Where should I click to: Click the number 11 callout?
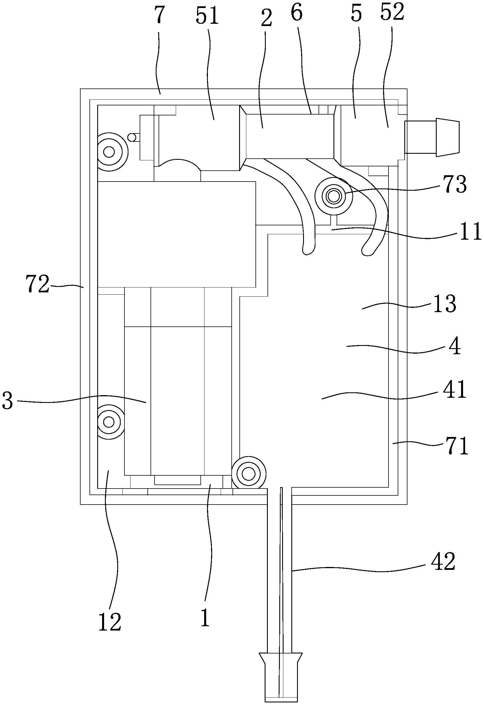tap(471, 231)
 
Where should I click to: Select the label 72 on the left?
tap(37, 284)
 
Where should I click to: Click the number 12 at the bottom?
tap(110, 622)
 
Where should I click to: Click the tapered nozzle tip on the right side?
tap(447, 137)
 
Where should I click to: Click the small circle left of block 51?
tap(132, 137)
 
